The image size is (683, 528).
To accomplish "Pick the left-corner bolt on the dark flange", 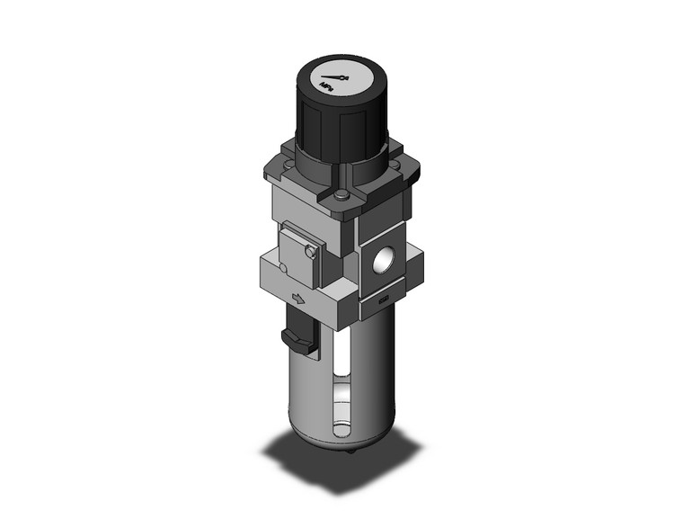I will click(286, 152).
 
